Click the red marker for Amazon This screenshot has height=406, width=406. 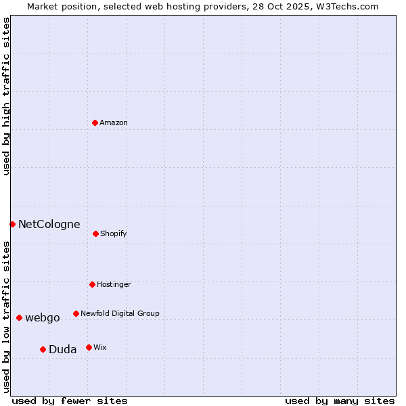point(95,122)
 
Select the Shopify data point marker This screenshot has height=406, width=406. point(95,233)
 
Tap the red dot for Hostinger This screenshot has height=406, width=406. point(92,284)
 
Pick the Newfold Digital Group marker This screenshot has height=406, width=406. point(76,313)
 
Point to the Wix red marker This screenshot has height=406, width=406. point(89,347)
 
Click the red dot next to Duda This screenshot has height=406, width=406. point(43,349)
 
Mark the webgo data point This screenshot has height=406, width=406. point(19,317)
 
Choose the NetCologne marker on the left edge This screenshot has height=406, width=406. point(12,224)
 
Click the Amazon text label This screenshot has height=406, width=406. point(114,123)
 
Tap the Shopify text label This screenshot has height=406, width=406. point(114,234)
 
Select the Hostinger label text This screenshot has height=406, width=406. point(114,285)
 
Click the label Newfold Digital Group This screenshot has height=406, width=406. point(120,314)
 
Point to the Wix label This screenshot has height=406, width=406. point(100,348)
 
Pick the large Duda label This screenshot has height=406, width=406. point(62,350)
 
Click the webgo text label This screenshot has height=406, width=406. point(43,318)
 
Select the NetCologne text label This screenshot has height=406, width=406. point(49,225)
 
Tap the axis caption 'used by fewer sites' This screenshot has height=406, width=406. point(70,401)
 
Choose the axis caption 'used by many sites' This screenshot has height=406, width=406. point(340,401)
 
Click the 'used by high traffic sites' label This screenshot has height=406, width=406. point(7,96)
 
